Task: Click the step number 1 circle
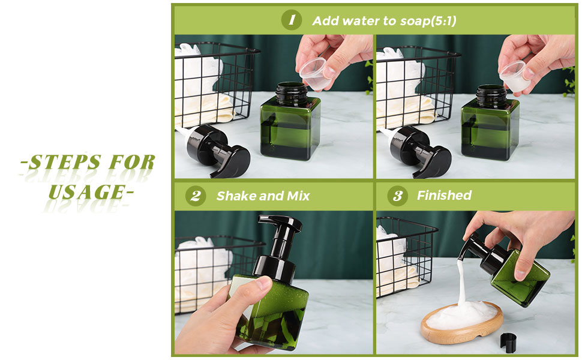click(292, 20)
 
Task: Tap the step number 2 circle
click(195, 196)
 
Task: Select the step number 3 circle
click(398, 196)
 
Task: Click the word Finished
click(444, 195)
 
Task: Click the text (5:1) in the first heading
click(443, 21)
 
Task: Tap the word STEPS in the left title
click(65, 162)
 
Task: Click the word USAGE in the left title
click(87, 192)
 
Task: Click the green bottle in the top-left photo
click(290, 122)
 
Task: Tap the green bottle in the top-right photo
click(490, 123)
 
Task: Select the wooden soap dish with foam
click(462, 323)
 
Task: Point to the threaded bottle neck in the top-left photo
click(292, 93)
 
